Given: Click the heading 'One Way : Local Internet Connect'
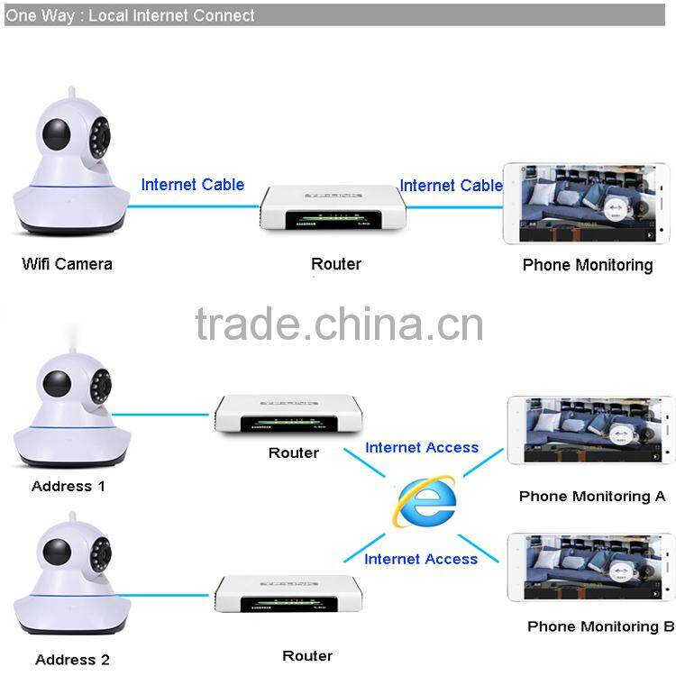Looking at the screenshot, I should coord(131,15).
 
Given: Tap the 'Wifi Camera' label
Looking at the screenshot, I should coord(68,264).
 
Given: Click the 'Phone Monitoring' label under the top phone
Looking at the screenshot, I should coord(588,265).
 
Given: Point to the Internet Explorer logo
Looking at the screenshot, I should coord(424,502).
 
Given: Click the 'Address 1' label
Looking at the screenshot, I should coord(69,486).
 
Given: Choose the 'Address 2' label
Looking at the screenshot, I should coord(70,660).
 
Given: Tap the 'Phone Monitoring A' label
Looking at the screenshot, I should coord(592,496).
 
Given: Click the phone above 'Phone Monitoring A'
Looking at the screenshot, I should coord(590,430).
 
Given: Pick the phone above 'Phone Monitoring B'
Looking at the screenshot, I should coord(590,567).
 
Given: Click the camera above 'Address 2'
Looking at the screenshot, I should coord(68,586).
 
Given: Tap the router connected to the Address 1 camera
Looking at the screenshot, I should coord(288,416).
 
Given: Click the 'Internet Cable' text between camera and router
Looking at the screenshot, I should coord(192,185).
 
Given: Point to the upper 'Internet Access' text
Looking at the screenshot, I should coord(422,448).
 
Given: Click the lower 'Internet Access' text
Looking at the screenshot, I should coord(421,560).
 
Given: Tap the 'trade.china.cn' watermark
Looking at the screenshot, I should coord(339,324).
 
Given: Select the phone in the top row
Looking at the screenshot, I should coord(587,206).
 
